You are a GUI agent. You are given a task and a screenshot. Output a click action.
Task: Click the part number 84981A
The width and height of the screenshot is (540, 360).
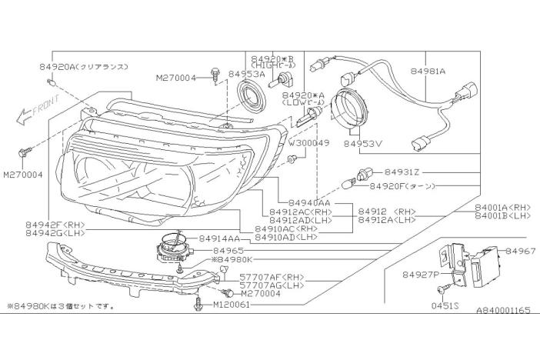[427, 71]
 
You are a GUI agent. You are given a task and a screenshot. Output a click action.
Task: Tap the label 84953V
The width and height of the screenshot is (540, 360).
[363, 142]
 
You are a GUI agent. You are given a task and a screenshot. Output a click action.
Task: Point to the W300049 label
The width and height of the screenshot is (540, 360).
[309, 143]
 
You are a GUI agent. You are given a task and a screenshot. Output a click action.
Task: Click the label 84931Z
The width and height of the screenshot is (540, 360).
[402, 172]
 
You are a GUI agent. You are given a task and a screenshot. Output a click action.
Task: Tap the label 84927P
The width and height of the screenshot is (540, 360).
[420, 273]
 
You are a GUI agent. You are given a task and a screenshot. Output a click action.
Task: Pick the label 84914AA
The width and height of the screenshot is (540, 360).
[220, 239]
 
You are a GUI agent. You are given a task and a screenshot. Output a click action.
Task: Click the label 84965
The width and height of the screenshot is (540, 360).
[228, 251]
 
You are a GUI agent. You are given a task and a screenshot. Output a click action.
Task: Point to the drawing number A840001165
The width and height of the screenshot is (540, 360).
[503, 310]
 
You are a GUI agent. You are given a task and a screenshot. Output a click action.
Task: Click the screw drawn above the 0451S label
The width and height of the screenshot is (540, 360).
[441, 289]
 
